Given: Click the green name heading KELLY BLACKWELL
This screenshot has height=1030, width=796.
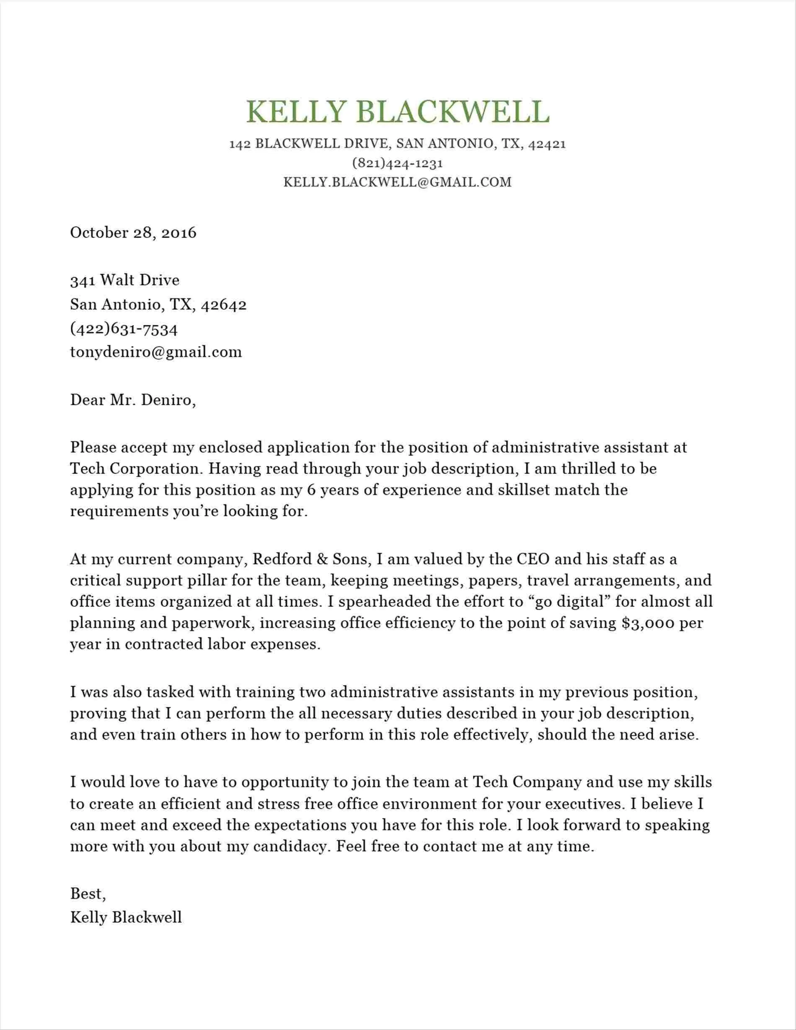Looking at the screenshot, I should (398, 112).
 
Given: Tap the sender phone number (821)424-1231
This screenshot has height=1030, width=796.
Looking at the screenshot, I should (398, 163).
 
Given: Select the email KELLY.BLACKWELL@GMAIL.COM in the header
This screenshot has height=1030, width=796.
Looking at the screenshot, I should (398, 182).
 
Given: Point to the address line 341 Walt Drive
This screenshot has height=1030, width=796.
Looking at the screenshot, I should (125, 280).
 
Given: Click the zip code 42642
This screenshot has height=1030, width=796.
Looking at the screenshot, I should (224, 305).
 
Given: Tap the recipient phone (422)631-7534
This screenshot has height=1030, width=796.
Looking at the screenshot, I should (124, 328).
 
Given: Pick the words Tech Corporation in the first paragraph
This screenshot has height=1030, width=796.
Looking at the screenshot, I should (136, 469).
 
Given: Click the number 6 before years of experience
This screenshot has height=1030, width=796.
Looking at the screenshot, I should (310, 490).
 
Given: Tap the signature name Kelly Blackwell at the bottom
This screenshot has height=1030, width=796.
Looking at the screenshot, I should (126, 917).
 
